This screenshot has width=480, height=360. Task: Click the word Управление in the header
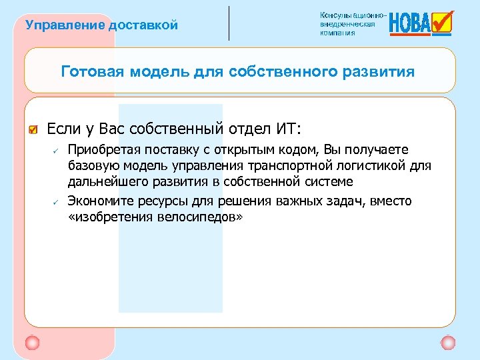pos(56,25)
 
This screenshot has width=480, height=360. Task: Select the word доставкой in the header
pos(144,25)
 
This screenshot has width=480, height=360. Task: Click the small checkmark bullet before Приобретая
pos(58,149)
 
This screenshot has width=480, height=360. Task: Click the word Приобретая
pos(101,149)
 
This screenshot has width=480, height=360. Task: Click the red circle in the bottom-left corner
pos(31,343)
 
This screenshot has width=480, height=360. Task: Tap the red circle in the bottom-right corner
pos(448,343)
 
